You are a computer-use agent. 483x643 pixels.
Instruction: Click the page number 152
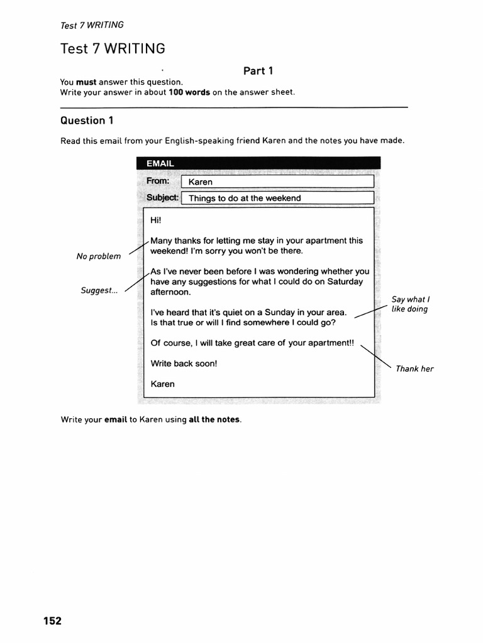pyautogui.click(x=52, y=621)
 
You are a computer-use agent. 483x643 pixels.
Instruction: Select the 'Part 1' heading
pyautogui.click(x=258, y=71)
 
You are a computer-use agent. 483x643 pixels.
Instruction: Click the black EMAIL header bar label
pyautogui.click(x=160, y=163)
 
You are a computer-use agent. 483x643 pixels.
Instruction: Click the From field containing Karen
pyautogui.click(x=277, y=181)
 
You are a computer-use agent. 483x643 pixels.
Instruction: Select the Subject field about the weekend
pyautogui.click(x=277, y=198)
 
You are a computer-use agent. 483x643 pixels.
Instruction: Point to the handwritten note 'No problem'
pyautogui.click(x=99, y=256)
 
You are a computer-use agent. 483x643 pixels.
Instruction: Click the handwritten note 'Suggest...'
pyautogui.click(x=99, y=291)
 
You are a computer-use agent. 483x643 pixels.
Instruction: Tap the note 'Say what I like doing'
pyautogui.click(x=409, y=305)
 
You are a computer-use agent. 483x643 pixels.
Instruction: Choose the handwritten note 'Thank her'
pyautogui.click(x=414, y=369)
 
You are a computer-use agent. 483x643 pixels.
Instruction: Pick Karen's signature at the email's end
pyautogui.click(x=163, y=384)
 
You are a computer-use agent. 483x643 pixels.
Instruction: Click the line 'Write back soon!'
pyautogui.click(x=184, y=363)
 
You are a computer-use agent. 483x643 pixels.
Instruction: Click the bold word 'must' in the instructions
pyautogui.click(x=87, y=82)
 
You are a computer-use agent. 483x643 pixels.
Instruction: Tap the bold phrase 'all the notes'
pyautogui.click(x=214, y=419)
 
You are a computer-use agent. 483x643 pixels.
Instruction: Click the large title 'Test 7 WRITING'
pyautogui.click(x=113, y=49)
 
